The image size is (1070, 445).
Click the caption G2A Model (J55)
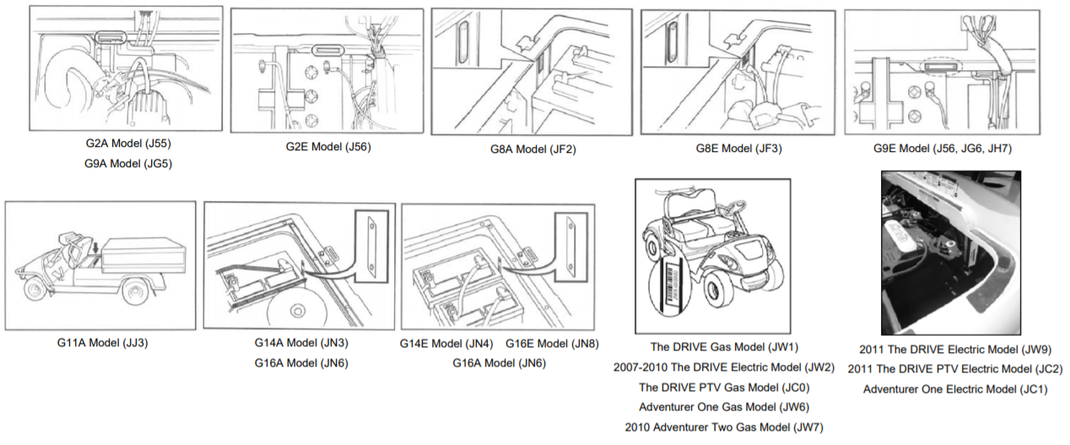pyautogui.click(x=128, y=144)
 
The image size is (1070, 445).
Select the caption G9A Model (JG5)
pyautogui.click(x=128, y=164)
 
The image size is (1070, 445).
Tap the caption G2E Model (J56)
pyautogui.click(x=328, y=147)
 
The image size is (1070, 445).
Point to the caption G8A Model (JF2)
pyautogui.click(x=532, y=149)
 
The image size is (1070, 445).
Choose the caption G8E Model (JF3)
pyautogui.click(x=739, y=149)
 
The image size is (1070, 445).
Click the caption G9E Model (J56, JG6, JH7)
pyautogui.click(x=942, y=149)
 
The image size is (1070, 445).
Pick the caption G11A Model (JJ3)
pyautogui.click(x=100, y=343)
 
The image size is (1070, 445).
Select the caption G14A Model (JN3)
pyautogui.click(x=301, y=343)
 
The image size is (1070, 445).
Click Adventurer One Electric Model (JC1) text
pyautogui.click(x=954, y=389)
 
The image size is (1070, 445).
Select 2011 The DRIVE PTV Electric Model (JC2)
pyautogui.click(x=954, y=369)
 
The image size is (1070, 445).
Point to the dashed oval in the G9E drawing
pyautogui.click(x=938, y=65)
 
